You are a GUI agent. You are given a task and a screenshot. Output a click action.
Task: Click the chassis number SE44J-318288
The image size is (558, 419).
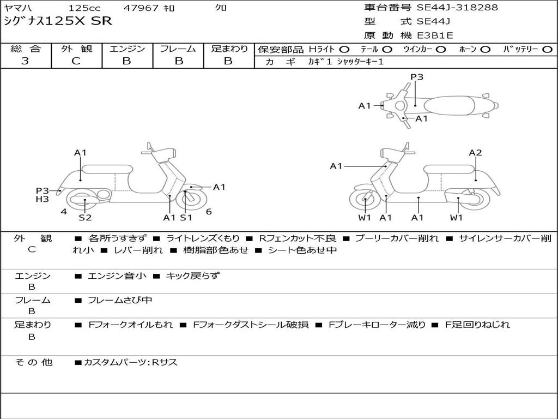point(457,7)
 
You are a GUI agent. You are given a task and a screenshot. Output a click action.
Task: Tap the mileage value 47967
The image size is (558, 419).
point(141,8)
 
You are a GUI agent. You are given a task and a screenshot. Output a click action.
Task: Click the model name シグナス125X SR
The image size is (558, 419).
point(58,21)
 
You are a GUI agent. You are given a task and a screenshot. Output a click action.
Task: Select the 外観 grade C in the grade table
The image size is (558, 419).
point(76,61)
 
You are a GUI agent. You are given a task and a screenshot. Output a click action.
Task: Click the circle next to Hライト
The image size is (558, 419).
point(344,50)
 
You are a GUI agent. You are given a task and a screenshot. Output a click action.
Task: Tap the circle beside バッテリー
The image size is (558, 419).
point(547,50)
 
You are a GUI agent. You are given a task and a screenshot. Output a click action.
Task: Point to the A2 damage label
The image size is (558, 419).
point(475,153)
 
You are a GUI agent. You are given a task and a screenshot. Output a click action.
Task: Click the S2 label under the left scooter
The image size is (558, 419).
point(85,217)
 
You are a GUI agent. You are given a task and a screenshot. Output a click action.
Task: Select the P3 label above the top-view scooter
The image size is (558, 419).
point(417,76)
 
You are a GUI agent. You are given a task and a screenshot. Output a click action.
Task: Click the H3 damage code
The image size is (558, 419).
point(42,199)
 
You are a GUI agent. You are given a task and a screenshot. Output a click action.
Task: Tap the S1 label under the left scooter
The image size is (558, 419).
point(186,217)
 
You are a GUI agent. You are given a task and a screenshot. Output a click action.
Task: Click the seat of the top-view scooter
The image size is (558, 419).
point(449,105)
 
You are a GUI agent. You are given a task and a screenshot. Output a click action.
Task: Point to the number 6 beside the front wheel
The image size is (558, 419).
point(209,212)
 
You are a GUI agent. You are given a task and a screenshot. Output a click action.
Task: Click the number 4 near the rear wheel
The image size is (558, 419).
point(64,212)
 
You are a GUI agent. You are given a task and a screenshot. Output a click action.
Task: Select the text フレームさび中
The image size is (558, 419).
point(120,301)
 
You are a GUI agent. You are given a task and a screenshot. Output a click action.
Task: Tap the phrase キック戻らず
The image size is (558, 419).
point(193,276)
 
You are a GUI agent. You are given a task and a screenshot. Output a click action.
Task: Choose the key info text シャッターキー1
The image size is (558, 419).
point(360,62)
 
